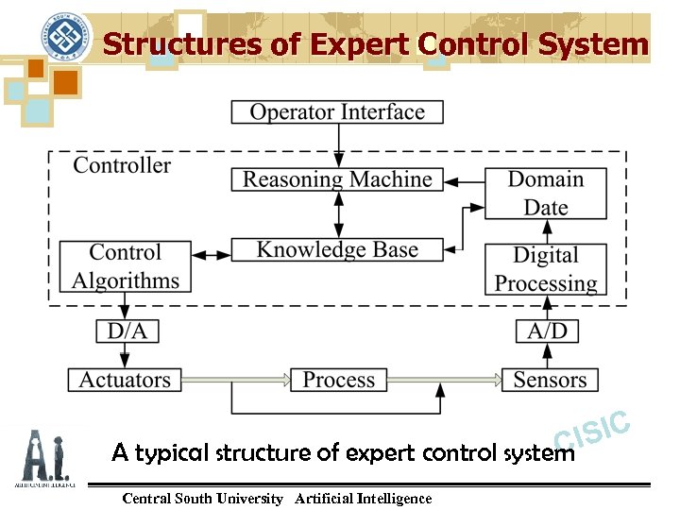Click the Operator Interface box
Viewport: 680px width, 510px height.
coord(337,111)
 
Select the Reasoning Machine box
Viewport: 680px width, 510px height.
coord(337,179)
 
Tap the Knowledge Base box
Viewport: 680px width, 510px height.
coord(337,250)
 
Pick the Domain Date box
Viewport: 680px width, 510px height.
coord(546,193)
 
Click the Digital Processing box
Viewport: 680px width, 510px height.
coord(546,269)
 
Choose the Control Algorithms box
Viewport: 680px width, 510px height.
coord(126,266)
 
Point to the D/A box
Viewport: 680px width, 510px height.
coord(126,331)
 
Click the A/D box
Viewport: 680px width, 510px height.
coord(546,331)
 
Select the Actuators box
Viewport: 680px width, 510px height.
coord(126,380)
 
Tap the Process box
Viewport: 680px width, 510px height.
coord(338,380)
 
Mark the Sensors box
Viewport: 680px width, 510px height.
coord(550,380)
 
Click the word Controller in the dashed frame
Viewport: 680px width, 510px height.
coord(122,165)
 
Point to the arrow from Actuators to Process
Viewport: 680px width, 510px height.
coord(236,380)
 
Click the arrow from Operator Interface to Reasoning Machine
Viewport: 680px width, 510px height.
coord(337,145)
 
